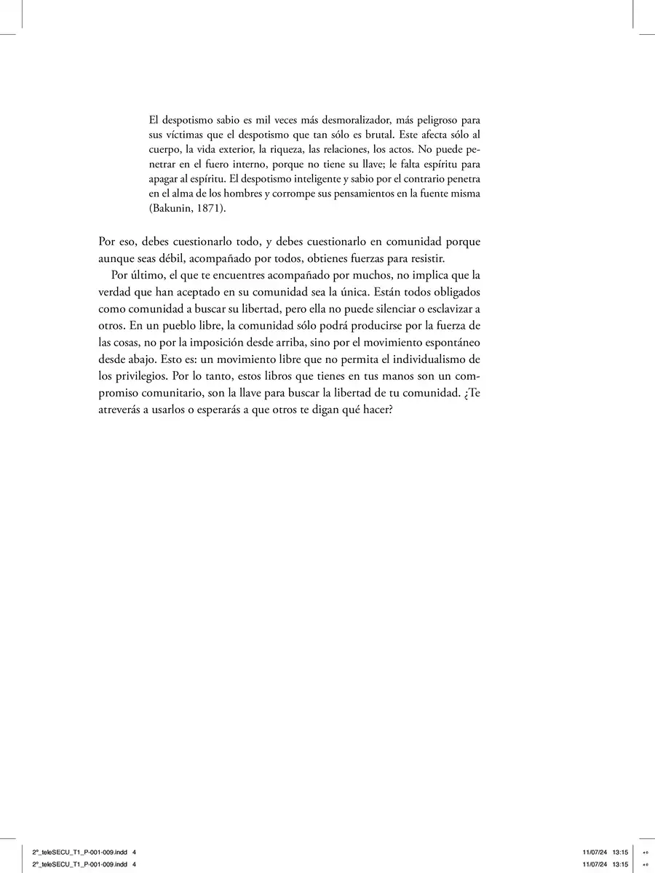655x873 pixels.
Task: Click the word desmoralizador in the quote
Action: pyautogui.click(x=334, y=119)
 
